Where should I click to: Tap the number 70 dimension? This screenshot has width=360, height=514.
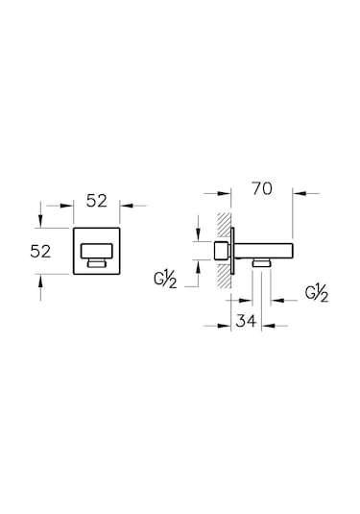(x=259, y=190)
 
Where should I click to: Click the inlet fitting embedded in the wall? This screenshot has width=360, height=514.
(x=223, y=252)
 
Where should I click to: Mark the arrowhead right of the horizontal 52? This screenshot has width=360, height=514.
(x=127, y=205)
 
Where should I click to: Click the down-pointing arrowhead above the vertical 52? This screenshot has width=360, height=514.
(x=39, y=223)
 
